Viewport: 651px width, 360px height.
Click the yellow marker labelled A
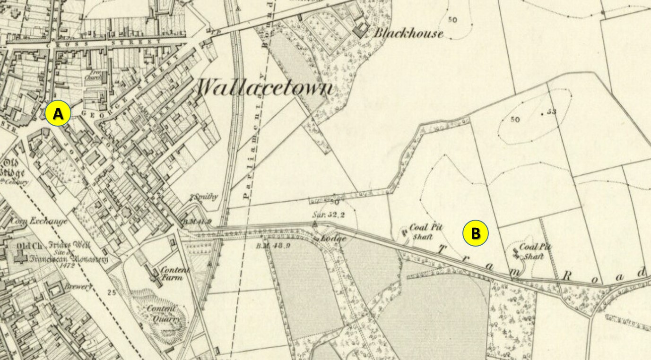click(58, 114)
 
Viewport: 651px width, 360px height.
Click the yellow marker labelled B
click(476, 233)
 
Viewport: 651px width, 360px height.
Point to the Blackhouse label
click(408, 34)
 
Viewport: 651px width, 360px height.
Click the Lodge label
click(334, 239)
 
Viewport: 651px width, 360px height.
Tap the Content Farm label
click(174, 274)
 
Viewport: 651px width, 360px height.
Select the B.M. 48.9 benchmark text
click(270, 246)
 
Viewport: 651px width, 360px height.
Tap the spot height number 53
click(551, 112)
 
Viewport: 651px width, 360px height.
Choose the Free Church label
click(93, 77)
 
